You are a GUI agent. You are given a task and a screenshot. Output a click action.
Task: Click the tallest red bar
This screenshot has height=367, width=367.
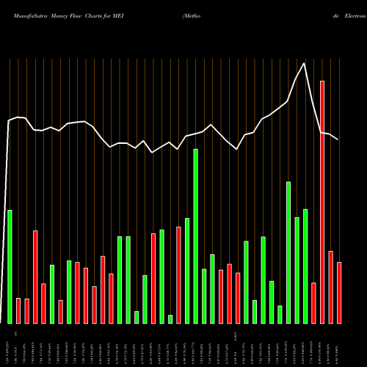[x=322, y=202]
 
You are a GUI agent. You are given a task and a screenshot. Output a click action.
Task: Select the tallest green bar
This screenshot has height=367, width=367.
[x=196, y=236]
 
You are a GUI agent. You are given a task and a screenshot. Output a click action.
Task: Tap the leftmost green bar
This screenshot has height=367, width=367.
[x=10, y=266]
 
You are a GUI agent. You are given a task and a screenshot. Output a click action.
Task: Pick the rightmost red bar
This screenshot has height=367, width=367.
[x=339, y=293]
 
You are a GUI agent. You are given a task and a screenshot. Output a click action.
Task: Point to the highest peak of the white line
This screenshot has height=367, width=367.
[x=304, y=63]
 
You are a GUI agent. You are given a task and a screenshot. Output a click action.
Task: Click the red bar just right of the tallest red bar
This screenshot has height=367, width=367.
[x=331, y=287]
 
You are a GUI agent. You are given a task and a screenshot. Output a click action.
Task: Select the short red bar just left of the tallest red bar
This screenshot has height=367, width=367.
[x=313, y=302]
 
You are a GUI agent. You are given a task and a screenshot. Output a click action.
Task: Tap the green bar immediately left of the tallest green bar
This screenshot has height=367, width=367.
[x=187, y=270]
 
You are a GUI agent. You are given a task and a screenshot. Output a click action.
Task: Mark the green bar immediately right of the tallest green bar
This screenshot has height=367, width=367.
[x=204, y=296]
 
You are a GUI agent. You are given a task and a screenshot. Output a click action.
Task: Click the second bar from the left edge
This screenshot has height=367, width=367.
[x=18, y=310]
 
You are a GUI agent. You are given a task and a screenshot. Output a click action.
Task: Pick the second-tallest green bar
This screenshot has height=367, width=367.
[x=288, y=252]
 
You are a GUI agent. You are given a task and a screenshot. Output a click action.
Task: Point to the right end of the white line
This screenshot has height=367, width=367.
[x=338, y=139]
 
